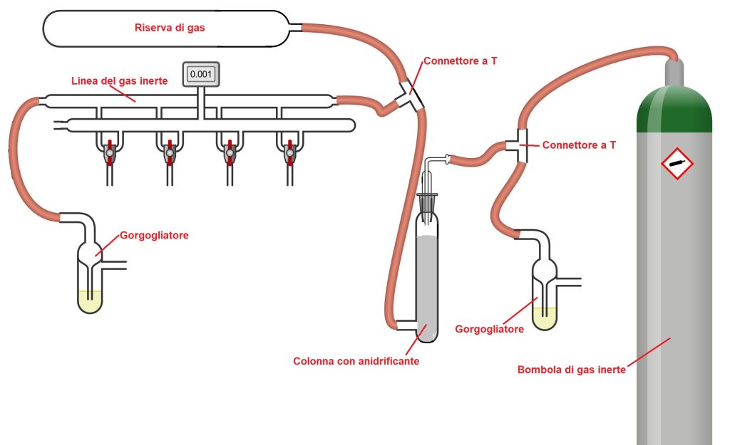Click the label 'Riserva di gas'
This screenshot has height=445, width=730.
tap(175, 28)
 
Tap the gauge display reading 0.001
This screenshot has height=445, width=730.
tap(201, 74)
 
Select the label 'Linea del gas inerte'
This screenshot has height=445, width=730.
tap(120, 81)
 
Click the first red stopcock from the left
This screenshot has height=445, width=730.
tap(110, 152)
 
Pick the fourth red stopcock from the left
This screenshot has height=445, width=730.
tap(289, 152)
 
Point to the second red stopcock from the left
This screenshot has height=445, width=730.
tap(170, 152)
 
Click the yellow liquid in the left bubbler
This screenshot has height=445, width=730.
tap(90, 302)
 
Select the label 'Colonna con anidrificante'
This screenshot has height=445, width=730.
tap(356, 361)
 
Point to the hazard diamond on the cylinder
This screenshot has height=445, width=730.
tap(677, 165)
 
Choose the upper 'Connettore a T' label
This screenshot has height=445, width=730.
tap(461, 61)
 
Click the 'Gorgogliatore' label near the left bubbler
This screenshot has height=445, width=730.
tap(154, 235)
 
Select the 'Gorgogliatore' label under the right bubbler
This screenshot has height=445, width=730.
tap(489, 329)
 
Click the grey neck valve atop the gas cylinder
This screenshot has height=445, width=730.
tap(674, 70)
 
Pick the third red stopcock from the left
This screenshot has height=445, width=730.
tap(230, 152)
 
